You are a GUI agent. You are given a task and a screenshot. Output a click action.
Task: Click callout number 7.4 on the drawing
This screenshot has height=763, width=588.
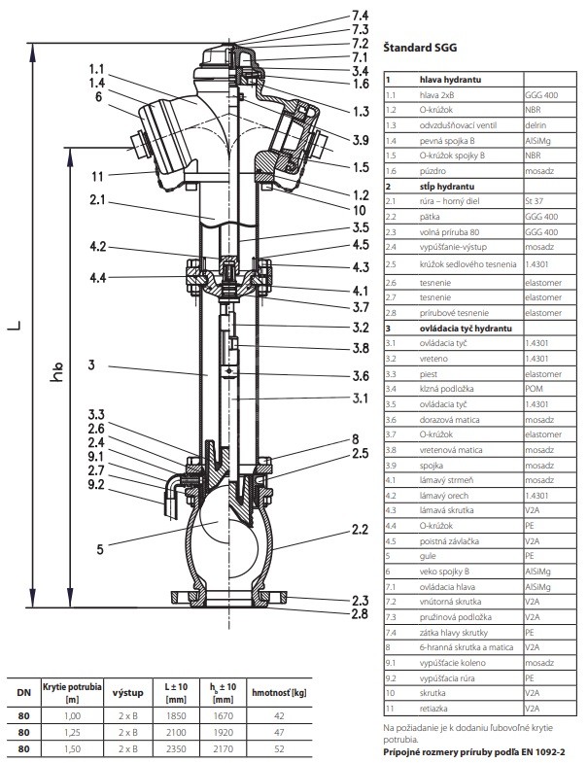(360, 16)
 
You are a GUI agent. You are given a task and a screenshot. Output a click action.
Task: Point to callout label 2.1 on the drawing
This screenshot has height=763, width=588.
(97, 201)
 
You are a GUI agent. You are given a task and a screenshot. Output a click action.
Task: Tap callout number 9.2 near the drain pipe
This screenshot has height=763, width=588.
(97, 482)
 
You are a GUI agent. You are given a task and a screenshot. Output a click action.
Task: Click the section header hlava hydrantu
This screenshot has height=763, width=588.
(448, 80)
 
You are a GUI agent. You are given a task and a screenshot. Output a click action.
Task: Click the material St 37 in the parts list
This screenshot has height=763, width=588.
(536, 201)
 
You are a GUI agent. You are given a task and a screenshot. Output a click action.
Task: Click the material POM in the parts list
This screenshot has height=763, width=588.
(535, 389)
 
